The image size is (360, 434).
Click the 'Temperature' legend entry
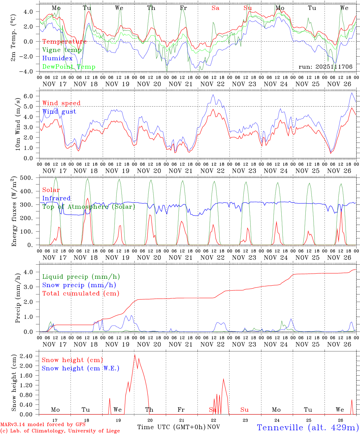[x=65, y=42]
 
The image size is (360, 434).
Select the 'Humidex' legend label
[x=58, y=58]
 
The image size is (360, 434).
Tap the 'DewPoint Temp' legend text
[x=69, y=67]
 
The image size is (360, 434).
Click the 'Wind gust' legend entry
[x=59, y=112]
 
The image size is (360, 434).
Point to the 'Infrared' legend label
[x=56, y=198]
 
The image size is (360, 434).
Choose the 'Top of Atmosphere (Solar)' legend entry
[x=88, y=207]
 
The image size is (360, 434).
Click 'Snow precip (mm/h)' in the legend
[x=79, y=285]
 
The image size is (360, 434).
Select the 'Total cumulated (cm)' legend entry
[x=81, y=294]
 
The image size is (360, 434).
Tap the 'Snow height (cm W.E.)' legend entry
[x=80, y=368]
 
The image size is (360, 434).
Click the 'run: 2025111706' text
[x=325, y=67]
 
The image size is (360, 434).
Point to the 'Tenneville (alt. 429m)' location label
[x=308, y=427]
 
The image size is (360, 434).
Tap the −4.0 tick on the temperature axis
[x=30, y=71]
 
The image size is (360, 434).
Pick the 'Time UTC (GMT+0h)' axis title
[x=171, y=427]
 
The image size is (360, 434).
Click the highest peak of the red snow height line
[x=134, y=355]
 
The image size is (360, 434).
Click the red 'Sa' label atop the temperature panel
[x=215, y=8]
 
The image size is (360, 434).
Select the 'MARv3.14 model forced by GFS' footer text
[x=43, y=425]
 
